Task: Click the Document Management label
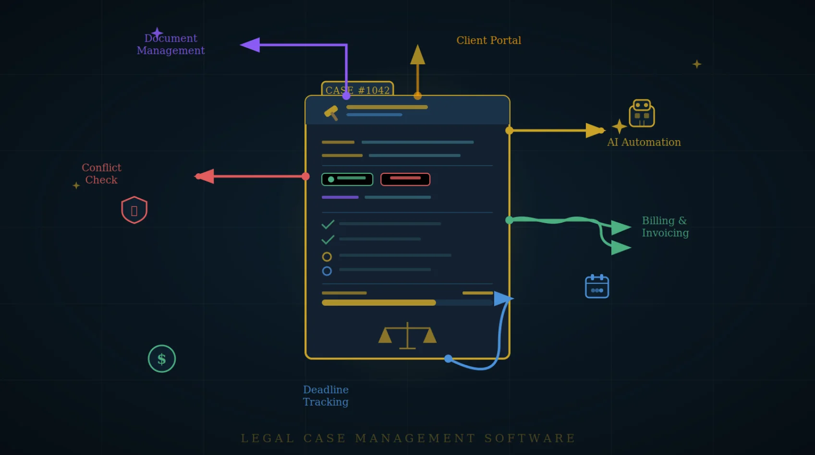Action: [170, 44]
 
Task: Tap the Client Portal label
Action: [488, 40]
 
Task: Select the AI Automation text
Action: [644, 142]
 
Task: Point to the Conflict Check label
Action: [101, 173]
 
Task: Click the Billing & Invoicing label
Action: [665, 227]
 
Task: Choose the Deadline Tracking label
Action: [326, 395]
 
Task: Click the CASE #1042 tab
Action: [357, 90]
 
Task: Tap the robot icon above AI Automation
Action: [642, 113]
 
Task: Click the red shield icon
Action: [134, 210]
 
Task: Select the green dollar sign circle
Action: [162, 359]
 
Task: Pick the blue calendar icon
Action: [597, 287]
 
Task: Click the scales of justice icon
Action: [407, 335]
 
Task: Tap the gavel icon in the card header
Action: [331, 113]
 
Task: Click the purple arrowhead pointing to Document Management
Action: [250, 45]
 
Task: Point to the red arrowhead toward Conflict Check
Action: [206, 176]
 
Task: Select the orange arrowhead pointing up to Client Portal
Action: [417, 55]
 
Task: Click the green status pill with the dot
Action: [347, 179]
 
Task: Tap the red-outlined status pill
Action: [405, 179]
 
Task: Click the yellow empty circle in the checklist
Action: [327, 257]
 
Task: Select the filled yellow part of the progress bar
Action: [378, 302]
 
